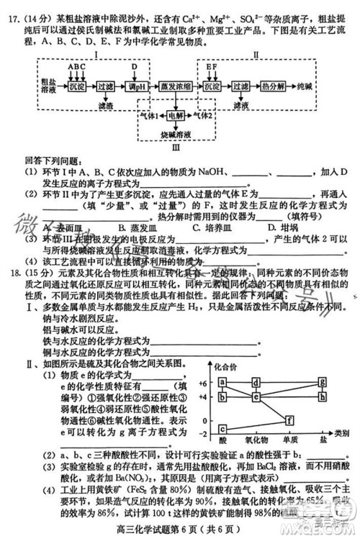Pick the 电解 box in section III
pos(176,115)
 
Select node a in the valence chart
pos(222,382)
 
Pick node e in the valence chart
pos(256,395)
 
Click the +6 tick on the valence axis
pos(203,382)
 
